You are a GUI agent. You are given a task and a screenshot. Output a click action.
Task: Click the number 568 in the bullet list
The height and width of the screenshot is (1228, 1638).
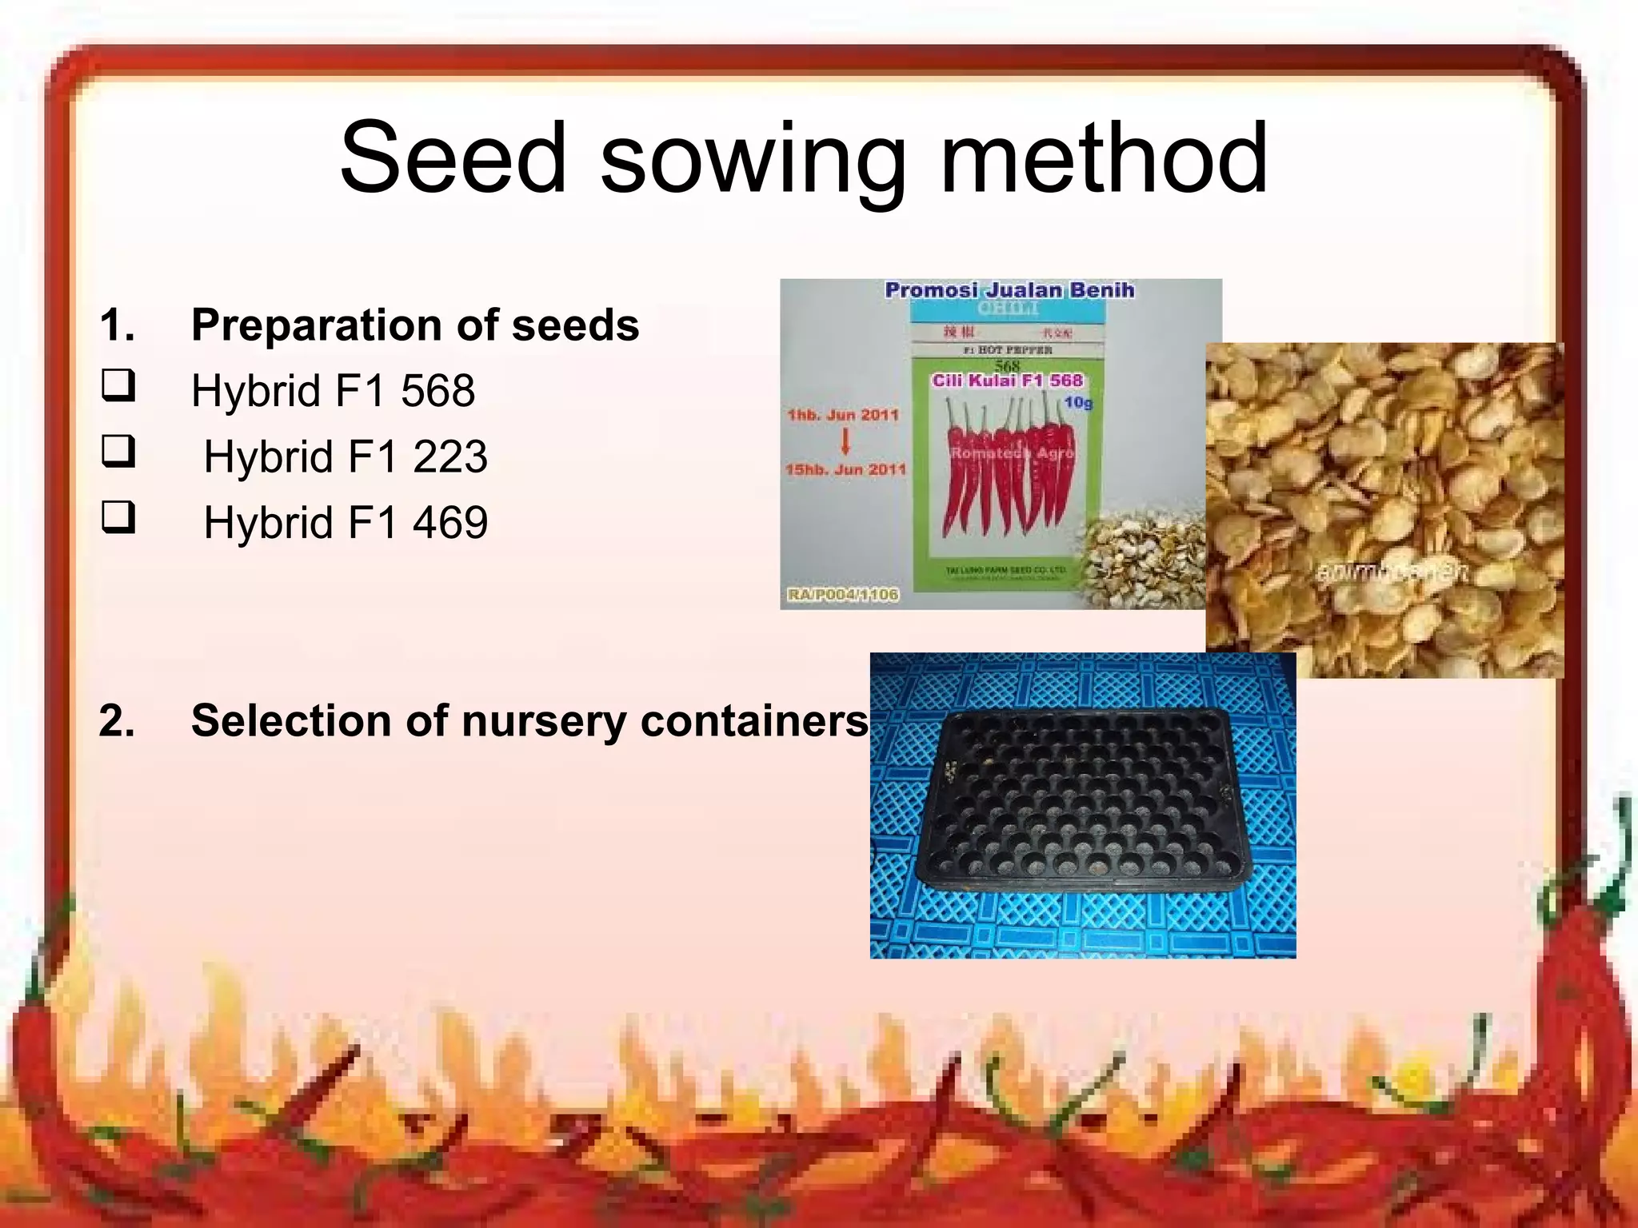437,391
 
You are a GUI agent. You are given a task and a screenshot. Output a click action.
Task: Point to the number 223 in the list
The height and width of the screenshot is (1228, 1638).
449,457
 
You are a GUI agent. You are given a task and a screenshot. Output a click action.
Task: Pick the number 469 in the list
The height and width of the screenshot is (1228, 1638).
449,523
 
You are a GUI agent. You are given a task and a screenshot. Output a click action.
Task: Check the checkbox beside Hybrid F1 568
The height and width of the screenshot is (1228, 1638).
118,385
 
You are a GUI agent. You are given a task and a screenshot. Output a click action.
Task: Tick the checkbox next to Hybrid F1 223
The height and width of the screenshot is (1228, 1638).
118,451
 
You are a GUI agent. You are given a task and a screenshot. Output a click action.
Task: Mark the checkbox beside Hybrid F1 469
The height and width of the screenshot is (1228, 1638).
118,517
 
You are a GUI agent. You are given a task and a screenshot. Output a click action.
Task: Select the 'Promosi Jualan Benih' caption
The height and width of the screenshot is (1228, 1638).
1009,290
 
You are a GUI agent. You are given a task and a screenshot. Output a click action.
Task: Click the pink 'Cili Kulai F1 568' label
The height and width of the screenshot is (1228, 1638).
1007,381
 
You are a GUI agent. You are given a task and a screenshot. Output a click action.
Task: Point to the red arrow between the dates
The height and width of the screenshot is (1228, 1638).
845,441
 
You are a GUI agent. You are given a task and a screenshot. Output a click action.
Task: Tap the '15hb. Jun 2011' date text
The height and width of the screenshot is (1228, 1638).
845,469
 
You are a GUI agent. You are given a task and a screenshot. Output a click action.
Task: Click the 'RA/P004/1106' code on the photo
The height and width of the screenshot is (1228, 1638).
843,595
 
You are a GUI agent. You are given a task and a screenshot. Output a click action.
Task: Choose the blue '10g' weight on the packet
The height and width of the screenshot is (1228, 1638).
1078,402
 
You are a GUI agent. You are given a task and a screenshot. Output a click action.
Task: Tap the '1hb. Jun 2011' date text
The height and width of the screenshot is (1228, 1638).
843,415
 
